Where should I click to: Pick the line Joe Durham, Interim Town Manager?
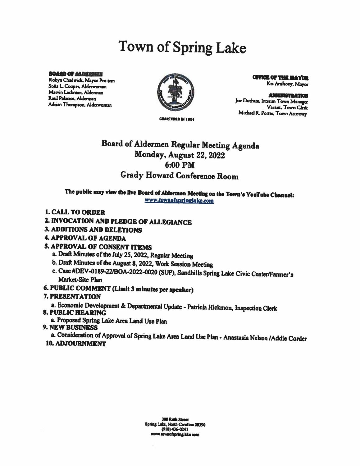tap(271, 102)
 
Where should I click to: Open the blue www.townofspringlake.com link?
tap(179, 201)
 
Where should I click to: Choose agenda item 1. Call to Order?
tap(75, 212)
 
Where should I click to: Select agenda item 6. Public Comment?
tap(119, 290)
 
